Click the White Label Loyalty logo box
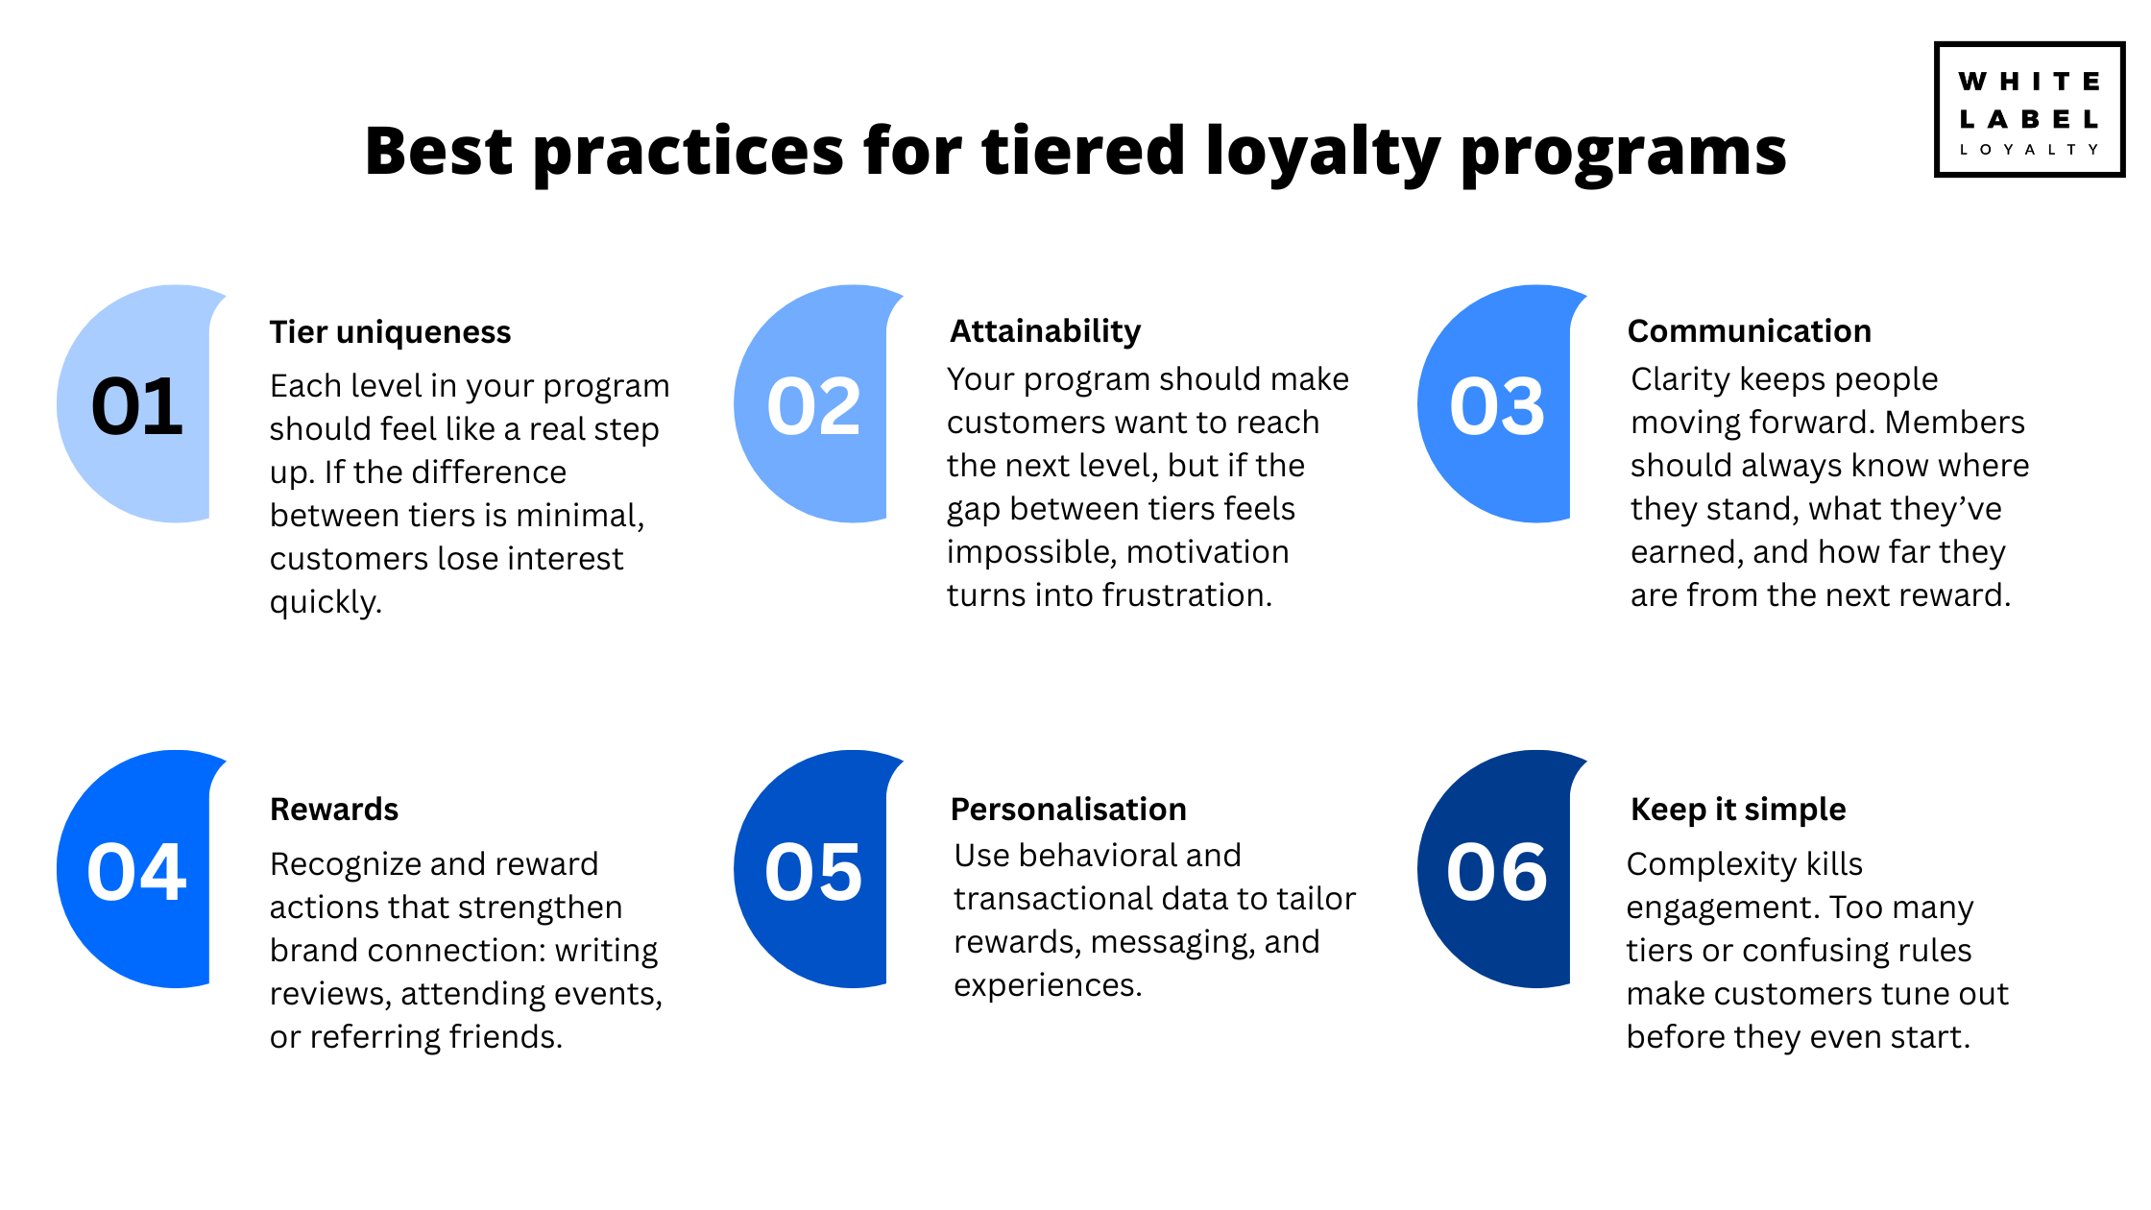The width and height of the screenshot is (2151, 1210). [x=2028, y=109]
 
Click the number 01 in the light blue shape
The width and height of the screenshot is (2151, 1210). [x=136, y=406]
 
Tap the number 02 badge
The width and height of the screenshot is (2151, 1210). [x=813, y=406]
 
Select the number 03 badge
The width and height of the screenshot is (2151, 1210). [x=1497, y=406]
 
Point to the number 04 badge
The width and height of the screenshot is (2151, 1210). [x=136, y=872]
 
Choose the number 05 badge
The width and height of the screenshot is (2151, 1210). [x=813, y=872]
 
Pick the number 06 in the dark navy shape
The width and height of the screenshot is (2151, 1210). [x=1497, y=872]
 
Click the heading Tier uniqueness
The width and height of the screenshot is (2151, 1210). [x=390, y=332]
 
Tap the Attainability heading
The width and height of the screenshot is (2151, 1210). [x=1045, y=331]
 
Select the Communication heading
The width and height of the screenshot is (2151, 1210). [x=1749, y=331]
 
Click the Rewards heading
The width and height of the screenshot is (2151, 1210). [x=334, y=810]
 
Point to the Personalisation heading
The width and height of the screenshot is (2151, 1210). [x=1068, y=810]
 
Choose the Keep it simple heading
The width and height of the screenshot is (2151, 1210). [x=1738, y=810]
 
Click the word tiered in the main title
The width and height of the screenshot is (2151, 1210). [x=1083, y=151]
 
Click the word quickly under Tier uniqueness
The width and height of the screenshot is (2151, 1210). [x=325, y=603]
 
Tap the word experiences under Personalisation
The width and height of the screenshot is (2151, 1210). [x=1047, y=986]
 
